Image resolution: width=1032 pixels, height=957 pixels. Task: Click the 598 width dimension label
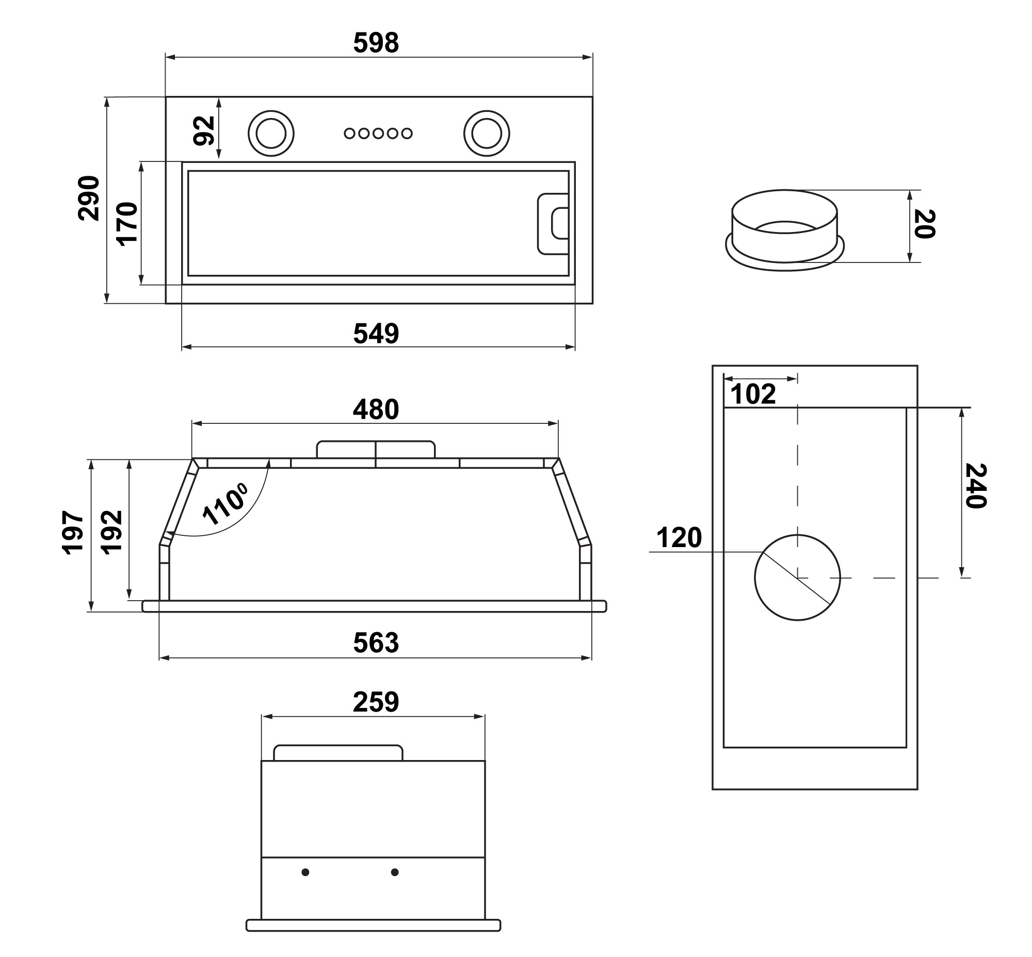tap(376, 43)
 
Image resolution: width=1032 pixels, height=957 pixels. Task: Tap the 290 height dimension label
tap(89, 199)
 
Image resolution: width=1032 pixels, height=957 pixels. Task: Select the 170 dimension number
tap(127, 224)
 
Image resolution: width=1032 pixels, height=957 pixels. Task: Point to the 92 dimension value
tap(204, 130)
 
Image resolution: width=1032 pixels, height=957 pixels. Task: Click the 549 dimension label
tap(376, 334)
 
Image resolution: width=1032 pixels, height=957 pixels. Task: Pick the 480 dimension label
tap(376, 409)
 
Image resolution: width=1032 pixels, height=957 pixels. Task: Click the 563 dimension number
tap(376, 643)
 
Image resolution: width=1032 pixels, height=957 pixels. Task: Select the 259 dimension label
tap(376, 703)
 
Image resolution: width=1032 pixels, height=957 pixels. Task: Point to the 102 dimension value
tap(753, 394)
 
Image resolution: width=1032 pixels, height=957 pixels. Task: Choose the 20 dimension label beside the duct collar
tap(924, 224)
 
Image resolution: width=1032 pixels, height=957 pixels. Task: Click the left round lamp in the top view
tap(271, 133)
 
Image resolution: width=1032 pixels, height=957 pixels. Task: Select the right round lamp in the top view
tap(486, 133)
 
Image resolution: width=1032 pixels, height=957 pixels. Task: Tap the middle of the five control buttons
tap(378, 134)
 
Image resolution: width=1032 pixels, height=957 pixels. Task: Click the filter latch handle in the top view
tap(554, 224)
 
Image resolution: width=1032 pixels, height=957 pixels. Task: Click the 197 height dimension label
tap(73, 532)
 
